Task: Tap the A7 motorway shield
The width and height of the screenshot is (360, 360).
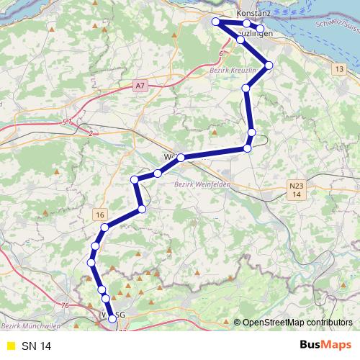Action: tap(140, 86)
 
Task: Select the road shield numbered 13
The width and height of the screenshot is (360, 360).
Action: tap(338, 68)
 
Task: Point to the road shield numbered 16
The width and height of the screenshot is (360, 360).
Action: tap(99, 215)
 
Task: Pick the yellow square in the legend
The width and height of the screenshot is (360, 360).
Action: tap(9, 346)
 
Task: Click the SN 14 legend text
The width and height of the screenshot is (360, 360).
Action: tap(37, 346)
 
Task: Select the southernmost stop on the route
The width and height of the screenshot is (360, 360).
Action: tap(112, 318)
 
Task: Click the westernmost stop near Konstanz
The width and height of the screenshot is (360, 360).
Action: tap(215, 22)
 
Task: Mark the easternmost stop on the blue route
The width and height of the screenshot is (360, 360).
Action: tap(269, 66)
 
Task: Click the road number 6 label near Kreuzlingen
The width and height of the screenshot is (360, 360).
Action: tap(220, 53)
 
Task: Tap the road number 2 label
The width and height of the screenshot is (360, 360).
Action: tap(91, 133)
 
